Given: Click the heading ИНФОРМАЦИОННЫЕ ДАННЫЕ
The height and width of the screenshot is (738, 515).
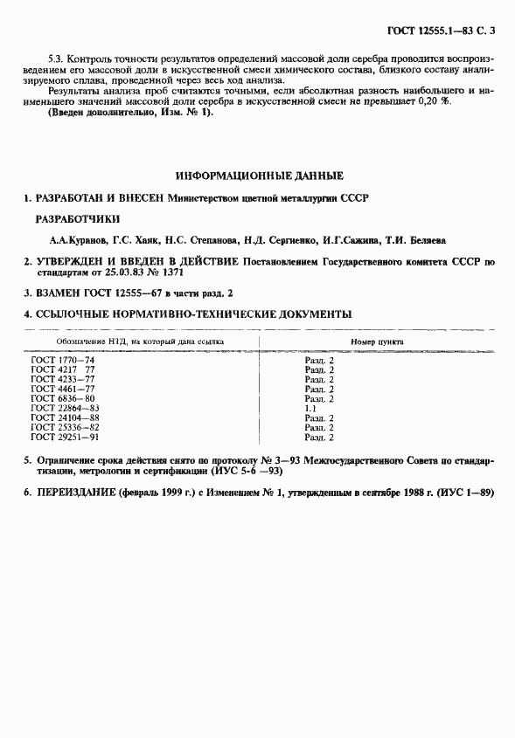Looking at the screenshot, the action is (260, 176).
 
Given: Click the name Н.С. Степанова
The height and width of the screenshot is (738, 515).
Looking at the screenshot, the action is (196, 239).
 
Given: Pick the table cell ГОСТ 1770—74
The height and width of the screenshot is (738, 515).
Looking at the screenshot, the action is (63, 360).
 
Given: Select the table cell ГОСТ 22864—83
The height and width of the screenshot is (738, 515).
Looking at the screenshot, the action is (66, 408).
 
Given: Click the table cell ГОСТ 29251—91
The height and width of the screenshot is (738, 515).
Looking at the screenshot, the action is (66, 437).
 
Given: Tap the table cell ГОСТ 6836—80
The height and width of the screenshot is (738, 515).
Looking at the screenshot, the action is (63, 398).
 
